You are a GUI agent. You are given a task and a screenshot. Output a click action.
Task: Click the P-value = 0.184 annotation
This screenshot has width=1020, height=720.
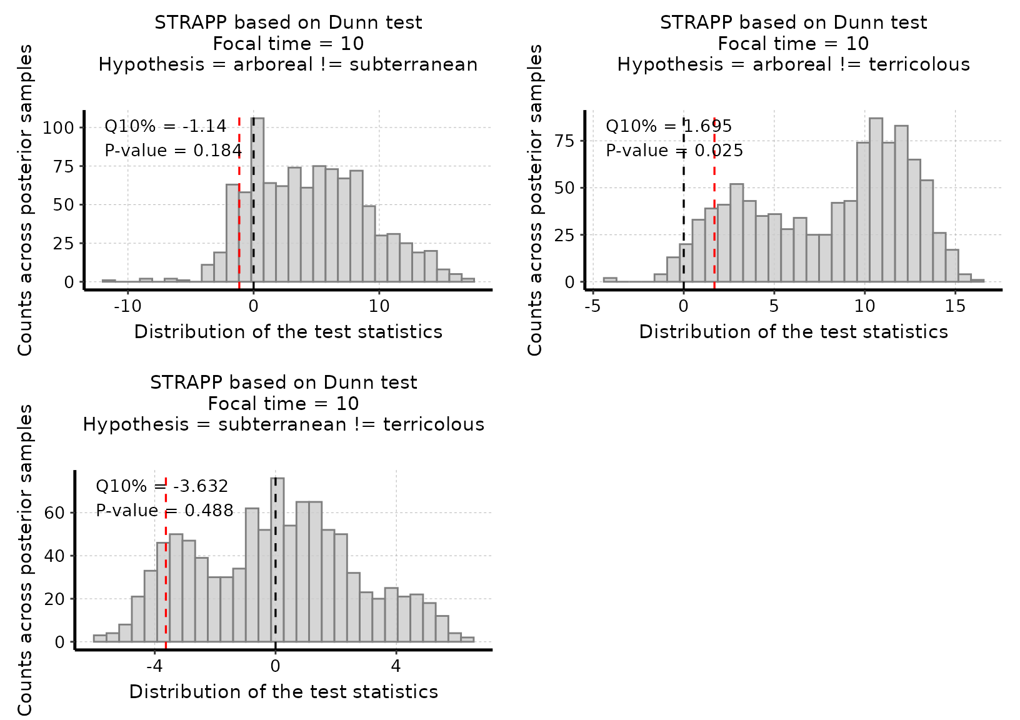click(173, 151)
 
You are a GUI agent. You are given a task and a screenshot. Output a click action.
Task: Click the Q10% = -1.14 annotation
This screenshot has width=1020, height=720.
click(165, 126)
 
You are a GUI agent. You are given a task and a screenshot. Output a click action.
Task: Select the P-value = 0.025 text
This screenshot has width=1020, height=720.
click(674, 151)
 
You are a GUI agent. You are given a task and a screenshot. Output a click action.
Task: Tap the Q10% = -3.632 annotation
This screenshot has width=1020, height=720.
click(162, 486)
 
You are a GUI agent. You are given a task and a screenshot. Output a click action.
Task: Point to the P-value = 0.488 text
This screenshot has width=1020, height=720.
click(164, 511)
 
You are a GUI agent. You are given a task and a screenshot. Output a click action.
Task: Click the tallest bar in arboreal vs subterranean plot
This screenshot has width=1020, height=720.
click(257, 200)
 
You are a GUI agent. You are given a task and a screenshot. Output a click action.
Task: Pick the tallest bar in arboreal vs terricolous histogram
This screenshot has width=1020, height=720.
click(876, 200)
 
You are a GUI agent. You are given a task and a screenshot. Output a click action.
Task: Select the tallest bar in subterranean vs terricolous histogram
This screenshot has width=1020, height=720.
click(277, 560)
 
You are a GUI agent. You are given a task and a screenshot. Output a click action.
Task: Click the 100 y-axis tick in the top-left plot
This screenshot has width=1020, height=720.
click(58, 128)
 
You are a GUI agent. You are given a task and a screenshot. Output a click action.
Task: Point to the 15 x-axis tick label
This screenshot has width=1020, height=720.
click(955, 306)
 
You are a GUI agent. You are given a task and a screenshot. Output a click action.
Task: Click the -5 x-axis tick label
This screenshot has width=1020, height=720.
click(592, 306)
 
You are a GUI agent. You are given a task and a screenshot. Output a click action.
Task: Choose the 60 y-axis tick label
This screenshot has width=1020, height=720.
click(55, 513)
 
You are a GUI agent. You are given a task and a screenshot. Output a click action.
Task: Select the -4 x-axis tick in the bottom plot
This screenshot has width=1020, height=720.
click(154, 666)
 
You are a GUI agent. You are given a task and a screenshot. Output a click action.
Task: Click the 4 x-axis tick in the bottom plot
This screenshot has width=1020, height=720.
click(396, 666)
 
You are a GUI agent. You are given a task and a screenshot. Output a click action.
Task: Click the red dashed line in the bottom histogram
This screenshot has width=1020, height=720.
click(166, 587)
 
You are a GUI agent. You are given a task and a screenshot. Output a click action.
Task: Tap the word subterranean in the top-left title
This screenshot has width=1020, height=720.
click(413, 64)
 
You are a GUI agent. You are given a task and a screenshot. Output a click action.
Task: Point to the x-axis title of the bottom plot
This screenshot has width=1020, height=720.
click(283, 692)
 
